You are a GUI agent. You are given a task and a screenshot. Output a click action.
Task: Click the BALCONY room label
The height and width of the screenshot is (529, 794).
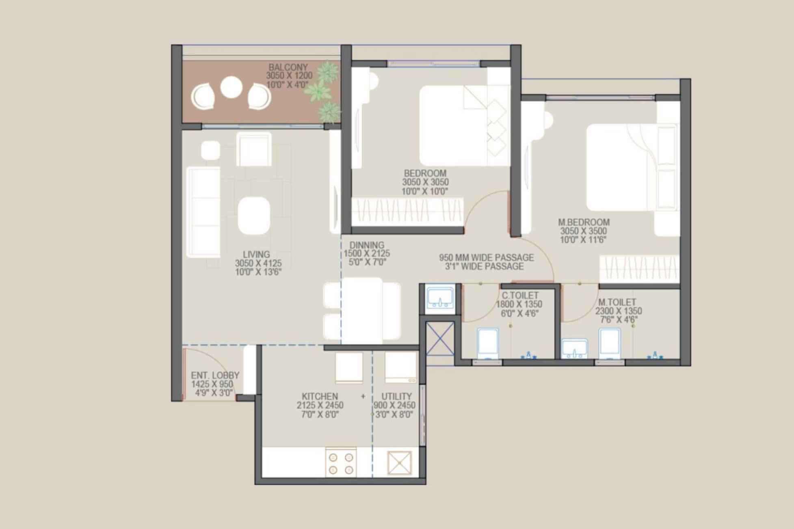pyautogui.click(x=288, y=67)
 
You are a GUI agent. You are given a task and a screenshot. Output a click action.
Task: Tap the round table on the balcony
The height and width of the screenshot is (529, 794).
pyautogui.click(x=231, y=87)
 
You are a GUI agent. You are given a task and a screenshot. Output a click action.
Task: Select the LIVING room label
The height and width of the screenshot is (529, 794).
pyautogui.click(x=256, y=255)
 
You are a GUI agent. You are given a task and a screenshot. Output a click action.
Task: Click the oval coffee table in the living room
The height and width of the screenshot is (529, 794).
pyautogui.click(x=254, y=216)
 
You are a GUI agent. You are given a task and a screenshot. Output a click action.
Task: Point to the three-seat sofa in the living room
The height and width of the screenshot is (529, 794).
pyautogui.click(x=203, y=212)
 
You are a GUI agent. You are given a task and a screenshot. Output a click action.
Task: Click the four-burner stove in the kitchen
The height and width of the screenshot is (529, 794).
pyautogui.click(x=341, y=463)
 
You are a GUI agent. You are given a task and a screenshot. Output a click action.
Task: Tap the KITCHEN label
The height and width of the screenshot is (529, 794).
pyautogui.click(x=320, y=396)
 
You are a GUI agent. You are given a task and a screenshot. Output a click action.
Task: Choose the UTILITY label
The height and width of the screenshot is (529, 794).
pyautogui.click(x=396, y=396)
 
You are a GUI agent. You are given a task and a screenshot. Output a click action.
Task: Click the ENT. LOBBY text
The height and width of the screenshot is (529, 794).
pyautogui.click(x=215, y=376)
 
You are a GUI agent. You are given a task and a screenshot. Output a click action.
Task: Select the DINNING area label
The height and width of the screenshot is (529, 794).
pyautogui.click(x=367, y=245)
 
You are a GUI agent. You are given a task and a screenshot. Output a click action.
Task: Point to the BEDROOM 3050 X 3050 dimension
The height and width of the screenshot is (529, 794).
pyautogui.click(x=425, y=182)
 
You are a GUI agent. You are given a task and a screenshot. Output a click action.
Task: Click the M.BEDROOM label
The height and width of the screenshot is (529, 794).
pyautogui.click(x=584, y=222)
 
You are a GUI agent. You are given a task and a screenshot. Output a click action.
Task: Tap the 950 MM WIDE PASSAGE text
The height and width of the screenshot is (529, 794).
pyautogui.click(x=486, y=258)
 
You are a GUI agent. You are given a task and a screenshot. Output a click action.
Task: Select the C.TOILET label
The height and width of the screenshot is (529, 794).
pyautogui.click(x=520, y=296)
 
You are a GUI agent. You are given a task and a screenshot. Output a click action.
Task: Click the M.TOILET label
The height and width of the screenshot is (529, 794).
pyautogui.click(x=617, y=302)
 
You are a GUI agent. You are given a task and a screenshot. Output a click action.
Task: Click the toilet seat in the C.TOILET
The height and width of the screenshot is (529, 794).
pyautogui.click(x=488, y=343)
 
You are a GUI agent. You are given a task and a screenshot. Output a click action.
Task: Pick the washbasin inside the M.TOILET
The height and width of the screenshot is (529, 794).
pyautogui.click(x=574, y=348)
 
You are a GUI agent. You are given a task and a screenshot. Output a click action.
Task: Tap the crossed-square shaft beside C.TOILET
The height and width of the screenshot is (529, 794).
pyautogui.click(x=440, y=339)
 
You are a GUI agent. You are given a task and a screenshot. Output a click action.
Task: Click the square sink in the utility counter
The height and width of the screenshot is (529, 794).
pyautogui.click(x=400, y=463)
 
